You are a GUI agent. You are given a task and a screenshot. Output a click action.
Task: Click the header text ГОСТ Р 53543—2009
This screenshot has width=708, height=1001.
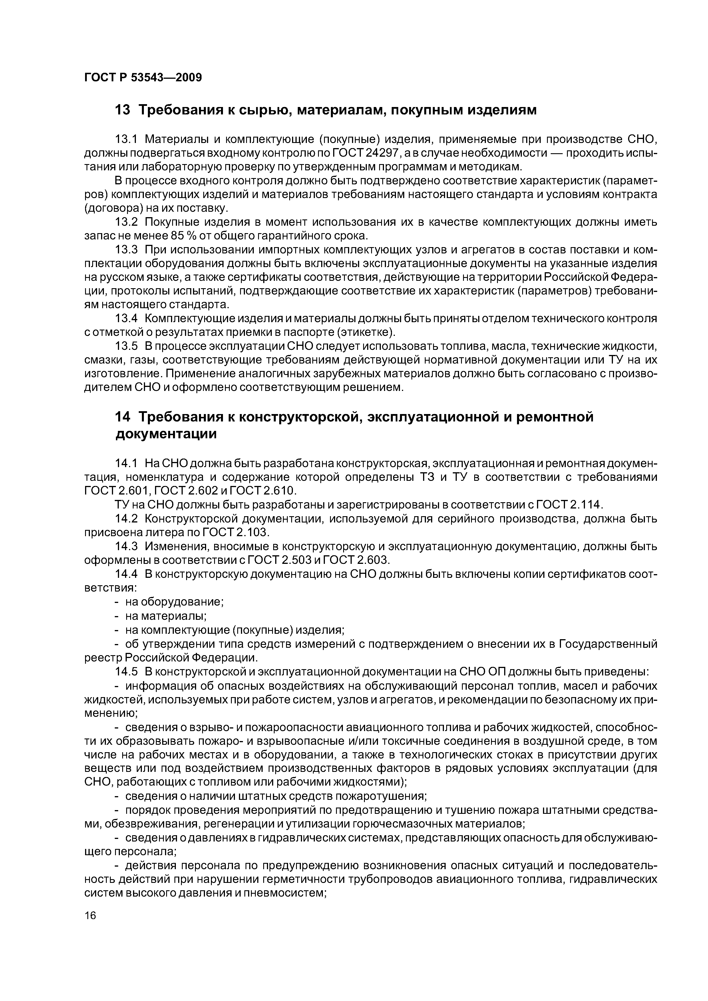click(143, 78)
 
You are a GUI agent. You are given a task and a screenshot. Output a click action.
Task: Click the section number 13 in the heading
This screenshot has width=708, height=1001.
click(122, 110)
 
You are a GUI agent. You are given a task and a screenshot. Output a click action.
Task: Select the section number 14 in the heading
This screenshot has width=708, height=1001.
click(122, 417)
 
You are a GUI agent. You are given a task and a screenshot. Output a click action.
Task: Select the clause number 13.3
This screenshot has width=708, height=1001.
click(126, 250)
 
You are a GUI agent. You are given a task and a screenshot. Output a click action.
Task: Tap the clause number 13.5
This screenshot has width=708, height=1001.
click(126, 346)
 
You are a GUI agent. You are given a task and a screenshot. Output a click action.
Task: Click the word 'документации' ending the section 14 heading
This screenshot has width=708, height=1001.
click(166, 435)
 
